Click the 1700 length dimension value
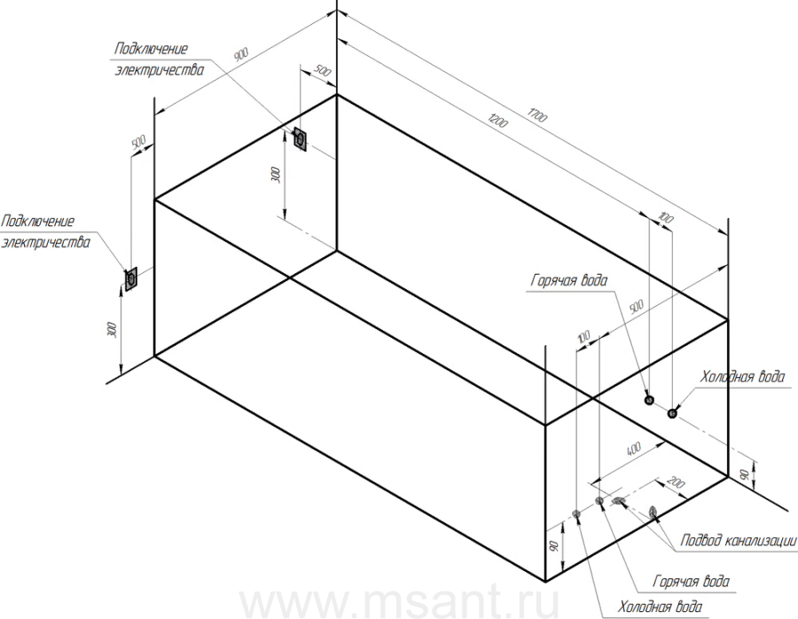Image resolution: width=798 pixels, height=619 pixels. pos(537,115)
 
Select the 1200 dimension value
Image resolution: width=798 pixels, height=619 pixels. pos(497,121)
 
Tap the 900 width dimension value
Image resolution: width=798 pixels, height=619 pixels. pos(240,54)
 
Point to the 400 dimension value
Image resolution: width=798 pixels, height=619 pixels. pos(633,449)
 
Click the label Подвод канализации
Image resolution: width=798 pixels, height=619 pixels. pos(739,540)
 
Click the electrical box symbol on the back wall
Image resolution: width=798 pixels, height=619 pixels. pos(301,138)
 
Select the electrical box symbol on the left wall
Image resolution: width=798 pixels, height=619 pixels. pos(131,279)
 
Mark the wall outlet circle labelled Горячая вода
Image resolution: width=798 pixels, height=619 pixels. pos(649,400)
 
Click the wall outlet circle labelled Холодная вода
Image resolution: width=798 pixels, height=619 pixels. pos(672,413)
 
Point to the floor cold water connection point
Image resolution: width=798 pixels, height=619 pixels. pos(576,513)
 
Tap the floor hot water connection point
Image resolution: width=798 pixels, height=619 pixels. pos(599,501)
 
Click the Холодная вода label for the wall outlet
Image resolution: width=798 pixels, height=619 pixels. pos(742,377)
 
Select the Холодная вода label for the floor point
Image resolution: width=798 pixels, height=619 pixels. pos(660,607)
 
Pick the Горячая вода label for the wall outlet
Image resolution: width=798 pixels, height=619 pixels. pos(569,280)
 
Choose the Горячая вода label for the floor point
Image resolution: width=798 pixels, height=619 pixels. pos(691,582)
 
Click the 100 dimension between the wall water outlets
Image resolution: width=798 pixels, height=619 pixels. pos(666,218)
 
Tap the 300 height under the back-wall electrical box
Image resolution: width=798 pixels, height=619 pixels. pos(277,175)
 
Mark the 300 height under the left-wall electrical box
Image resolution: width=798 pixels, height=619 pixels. pos(113,330)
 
